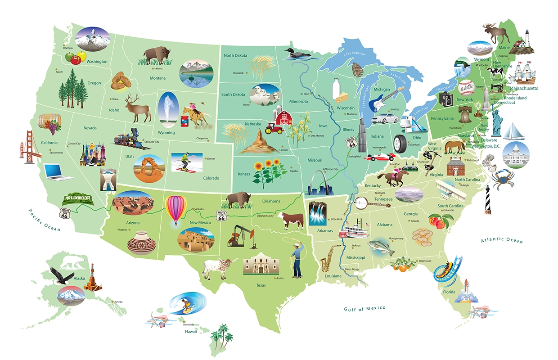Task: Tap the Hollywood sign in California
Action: pyautogui.click(x=78, y=198)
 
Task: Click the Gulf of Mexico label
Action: pyautogui.click(x=365, y=308)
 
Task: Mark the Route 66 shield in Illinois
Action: pyautogui.click(x=352, y=143)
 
